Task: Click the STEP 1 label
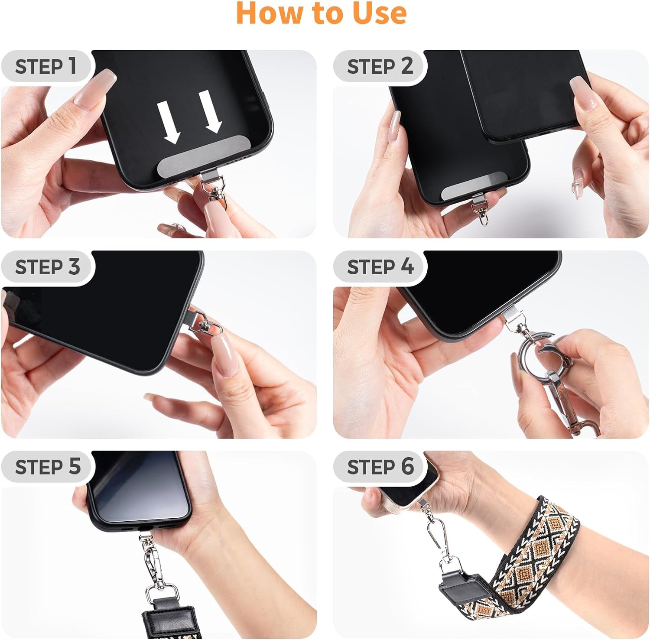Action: pos(46,66)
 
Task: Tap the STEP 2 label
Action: pos(380,66)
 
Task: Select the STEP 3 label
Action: pos(48,266)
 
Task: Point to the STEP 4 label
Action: pos(380,266)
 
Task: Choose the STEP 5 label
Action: pos(48,467)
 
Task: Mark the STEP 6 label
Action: pos(380,467)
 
